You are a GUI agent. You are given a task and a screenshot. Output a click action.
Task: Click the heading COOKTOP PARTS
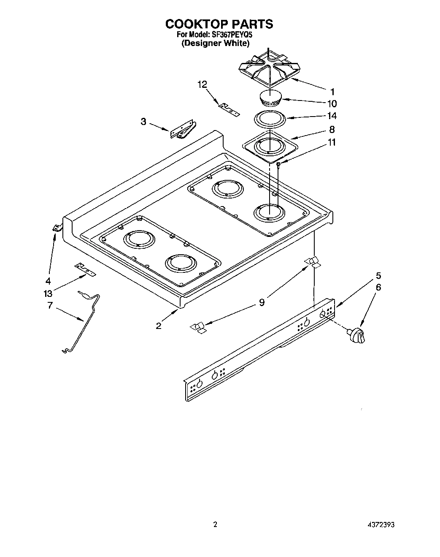pyautogui.click(x=219, y=24)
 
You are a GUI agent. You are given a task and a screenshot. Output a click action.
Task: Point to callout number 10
pyautogui.click(x=332, y=103)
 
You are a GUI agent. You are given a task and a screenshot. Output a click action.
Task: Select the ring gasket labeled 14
pyautogui.click(x=268, y=119)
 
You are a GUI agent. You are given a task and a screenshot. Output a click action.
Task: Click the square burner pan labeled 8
pyautogui.click(x=270, y=146)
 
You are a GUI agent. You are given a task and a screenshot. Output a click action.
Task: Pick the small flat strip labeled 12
pyautogui.click(x=228, y=109)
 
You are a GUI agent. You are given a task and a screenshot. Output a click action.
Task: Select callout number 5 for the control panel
pyautogui.click(x=378, y=276)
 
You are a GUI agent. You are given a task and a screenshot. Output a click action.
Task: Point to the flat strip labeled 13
pyautogui.click(x=85, y=270)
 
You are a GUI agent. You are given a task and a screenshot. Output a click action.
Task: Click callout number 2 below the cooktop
pyautogui.click(x=159, y=326)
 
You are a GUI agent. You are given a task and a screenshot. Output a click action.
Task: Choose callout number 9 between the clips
pyautogui.click(x=262, y=302)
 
